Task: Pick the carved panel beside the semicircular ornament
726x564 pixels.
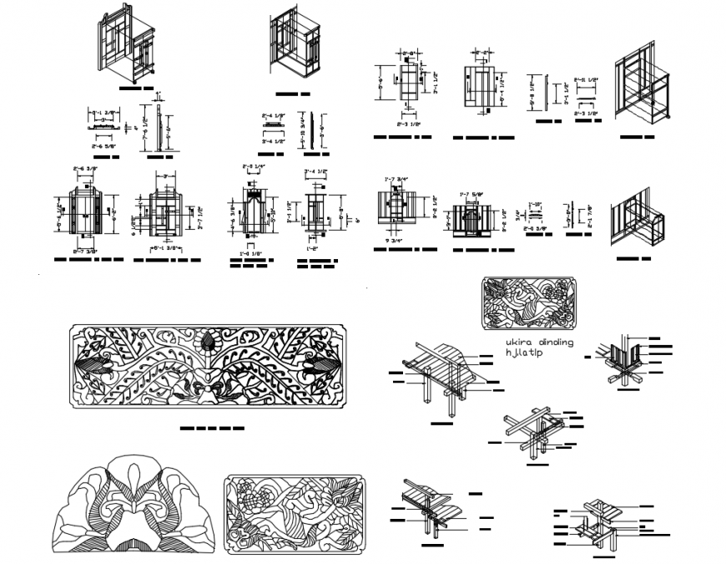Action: point(294,513)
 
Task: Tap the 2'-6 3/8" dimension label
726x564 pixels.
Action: point(86,170)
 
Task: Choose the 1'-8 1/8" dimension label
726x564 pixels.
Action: point(246,253)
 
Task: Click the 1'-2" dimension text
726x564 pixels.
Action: point(313,248)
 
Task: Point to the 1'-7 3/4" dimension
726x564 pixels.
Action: point(396,178)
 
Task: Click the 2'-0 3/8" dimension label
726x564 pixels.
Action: point(536,227)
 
